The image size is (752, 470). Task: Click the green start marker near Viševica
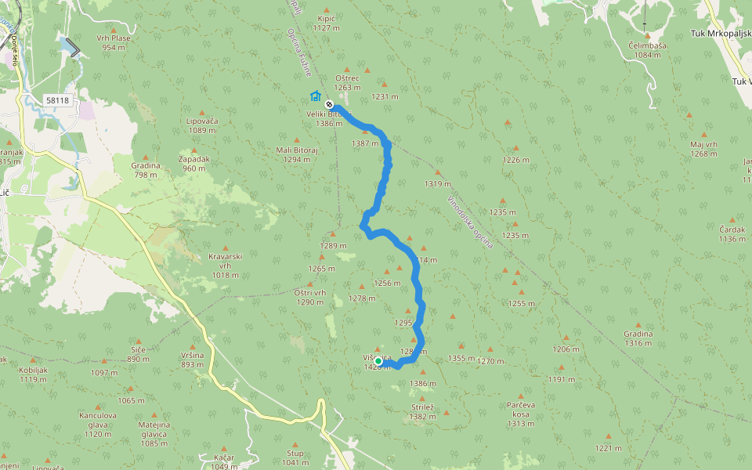click(378, 361)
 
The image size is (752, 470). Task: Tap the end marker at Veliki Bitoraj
click(330, 104)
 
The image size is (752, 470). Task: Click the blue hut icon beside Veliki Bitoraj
click(315, 96)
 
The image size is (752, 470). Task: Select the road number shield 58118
click(58, 100)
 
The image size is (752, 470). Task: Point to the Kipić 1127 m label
click(327, 23)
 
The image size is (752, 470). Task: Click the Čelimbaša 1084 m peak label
click(647, 50)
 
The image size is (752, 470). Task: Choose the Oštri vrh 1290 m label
click(309, 297)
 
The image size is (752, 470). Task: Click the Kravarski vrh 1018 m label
click(225, 265)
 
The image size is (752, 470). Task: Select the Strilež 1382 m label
click(422, 412)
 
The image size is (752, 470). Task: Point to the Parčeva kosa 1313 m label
click(521, 414)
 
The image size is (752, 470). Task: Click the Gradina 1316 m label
click(638, 338)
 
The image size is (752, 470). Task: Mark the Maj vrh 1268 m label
click(703, 149)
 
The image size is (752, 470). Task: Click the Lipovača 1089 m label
click(201, 125)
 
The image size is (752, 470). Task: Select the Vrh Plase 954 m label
click(114, 42)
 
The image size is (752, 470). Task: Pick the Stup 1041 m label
click(295, 457)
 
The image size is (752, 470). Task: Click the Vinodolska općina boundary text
click(470, 222)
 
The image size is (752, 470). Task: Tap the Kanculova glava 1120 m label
click(98, 424)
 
